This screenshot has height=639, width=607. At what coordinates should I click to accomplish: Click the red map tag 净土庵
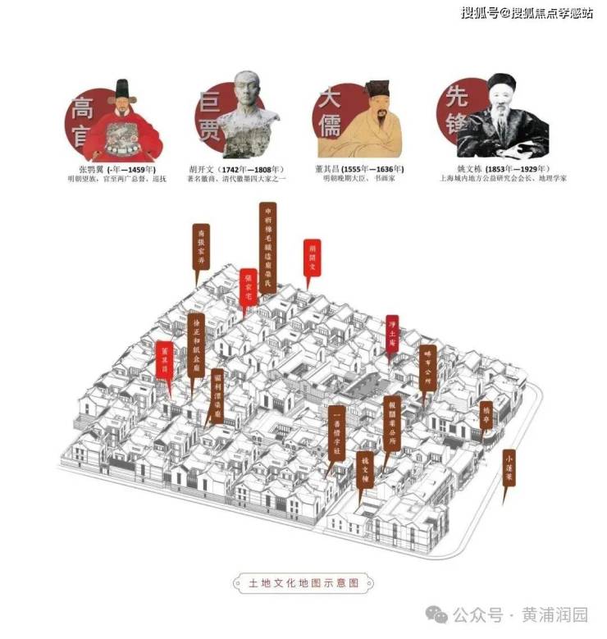[392, 333]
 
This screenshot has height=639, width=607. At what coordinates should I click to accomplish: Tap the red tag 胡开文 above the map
[311, 258]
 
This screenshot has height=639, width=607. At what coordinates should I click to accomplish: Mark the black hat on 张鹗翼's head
[123, 88]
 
